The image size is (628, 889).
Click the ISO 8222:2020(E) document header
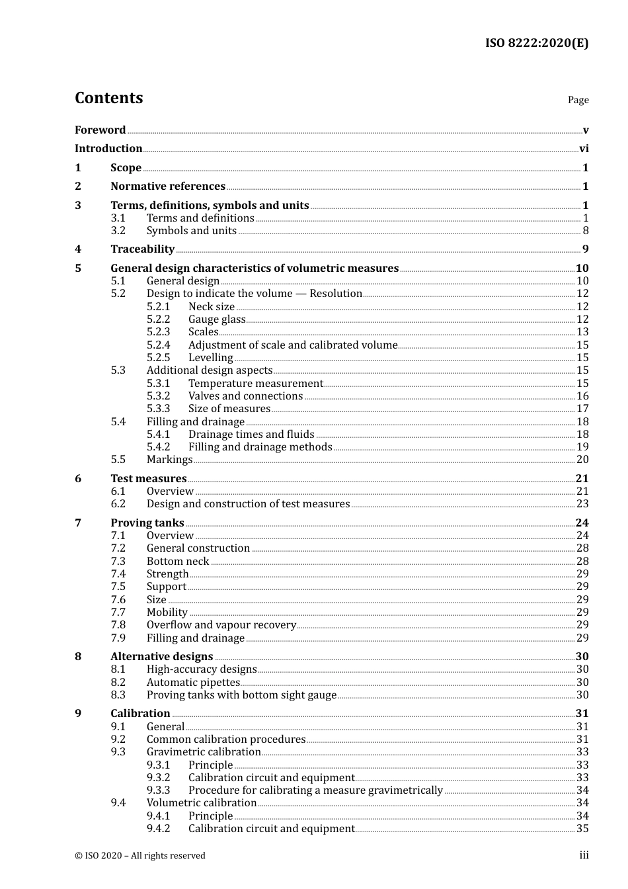click(537, 44)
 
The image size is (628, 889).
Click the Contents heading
click(108, 98)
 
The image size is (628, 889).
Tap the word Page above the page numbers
click(578, 100)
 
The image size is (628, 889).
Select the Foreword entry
click(100, 130)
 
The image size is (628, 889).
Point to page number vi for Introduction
click(584, 149)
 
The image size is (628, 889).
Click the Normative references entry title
click(168, 187)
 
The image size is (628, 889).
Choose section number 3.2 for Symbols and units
click(118, 231)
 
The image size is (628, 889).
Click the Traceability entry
click(142, 249)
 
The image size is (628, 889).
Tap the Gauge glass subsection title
click(216, 319)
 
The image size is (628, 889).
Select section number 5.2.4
click(158, 345)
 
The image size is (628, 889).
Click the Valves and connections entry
click(245, 396)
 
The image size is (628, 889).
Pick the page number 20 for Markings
click(582, 460)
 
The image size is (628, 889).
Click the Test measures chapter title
click(149, 479)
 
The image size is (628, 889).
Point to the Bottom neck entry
click(178, 562)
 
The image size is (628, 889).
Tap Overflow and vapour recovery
click(221, 625)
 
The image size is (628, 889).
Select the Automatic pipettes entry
click(193, 683)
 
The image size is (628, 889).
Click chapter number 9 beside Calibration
click(78, 714)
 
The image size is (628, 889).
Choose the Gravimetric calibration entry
click(204, 752)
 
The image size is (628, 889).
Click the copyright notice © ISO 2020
click(140, 856)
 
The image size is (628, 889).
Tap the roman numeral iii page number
click(584, 855)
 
